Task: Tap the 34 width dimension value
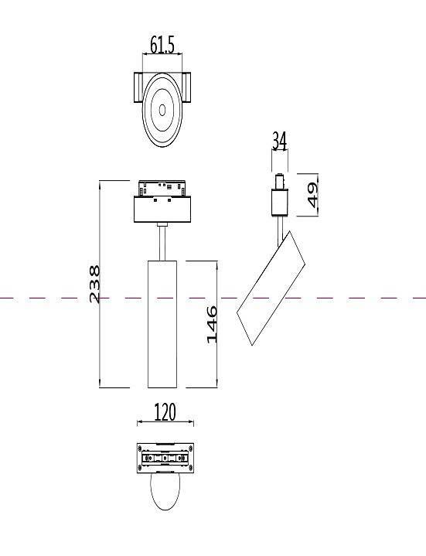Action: (279, 141)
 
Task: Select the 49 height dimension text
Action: (312, 195)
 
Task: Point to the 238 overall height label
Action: (94, 284)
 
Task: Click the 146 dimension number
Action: (211, 324)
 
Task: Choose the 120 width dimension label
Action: (165, 412)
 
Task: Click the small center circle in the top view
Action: (162, 110)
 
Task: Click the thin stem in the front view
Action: (162, 242)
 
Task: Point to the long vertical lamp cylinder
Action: (162, 323)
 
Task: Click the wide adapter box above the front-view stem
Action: (162, 210)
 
